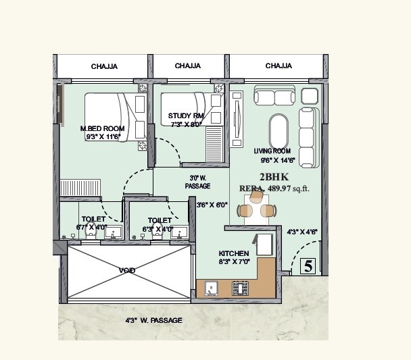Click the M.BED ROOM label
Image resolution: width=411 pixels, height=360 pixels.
pos(102,128)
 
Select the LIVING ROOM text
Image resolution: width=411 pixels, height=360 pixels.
pos(272,151)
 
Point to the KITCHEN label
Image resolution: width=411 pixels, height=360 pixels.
pos(234,253)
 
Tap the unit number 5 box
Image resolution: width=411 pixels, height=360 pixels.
pos(308,266)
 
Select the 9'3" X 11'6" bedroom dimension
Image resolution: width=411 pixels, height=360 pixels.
pos(102,136)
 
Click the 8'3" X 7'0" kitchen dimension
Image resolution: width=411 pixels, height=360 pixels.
pos(234,261)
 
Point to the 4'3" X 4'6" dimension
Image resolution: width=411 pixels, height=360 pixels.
pos(302,232)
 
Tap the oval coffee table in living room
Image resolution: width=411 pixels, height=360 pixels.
pos(279,131)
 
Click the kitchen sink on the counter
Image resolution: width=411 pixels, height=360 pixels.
pos(211,289)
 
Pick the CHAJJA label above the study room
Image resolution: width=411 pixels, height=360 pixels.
pos(187,66)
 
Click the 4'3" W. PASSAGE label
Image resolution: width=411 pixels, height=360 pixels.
pos(153,320)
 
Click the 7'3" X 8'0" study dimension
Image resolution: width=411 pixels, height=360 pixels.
pos(186,124)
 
